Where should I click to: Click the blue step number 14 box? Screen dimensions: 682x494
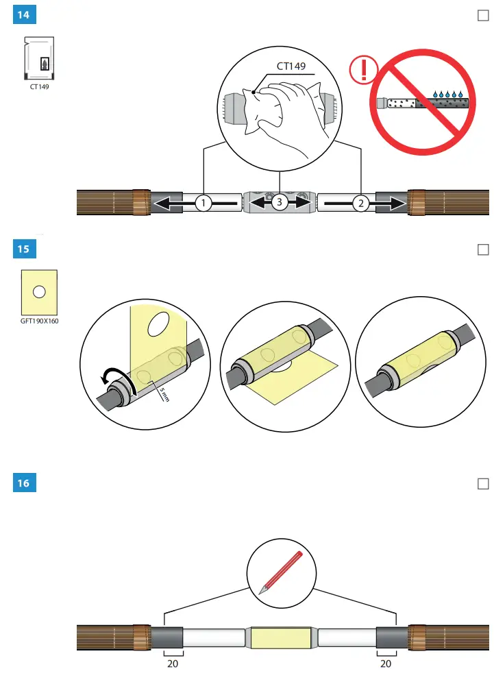click(x=24, y=15)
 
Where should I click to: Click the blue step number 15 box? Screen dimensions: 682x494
click(x=24, y=249)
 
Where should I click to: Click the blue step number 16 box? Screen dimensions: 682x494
click(x=24, y=483)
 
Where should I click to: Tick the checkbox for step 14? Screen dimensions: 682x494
click(x=482, y=16)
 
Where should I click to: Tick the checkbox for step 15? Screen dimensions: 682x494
click(x=482, y=249)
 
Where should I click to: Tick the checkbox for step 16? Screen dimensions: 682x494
click(x=482, y=484)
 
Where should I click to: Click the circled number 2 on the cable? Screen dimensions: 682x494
click(x=361, y=202)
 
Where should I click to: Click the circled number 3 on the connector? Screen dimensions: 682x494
click(x=280, y=202)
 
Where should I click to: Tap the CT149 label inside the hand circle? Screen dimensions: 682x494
click(x=291, y=66)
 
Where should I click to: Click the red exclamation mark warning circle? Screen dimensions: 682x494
click(x=363, y=70)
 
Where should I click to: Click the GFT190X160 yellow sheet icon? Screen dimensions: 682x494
click(x=39, y=291)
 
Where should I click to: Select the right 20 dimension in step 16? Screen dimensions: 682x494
click(x=387, y=663)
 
